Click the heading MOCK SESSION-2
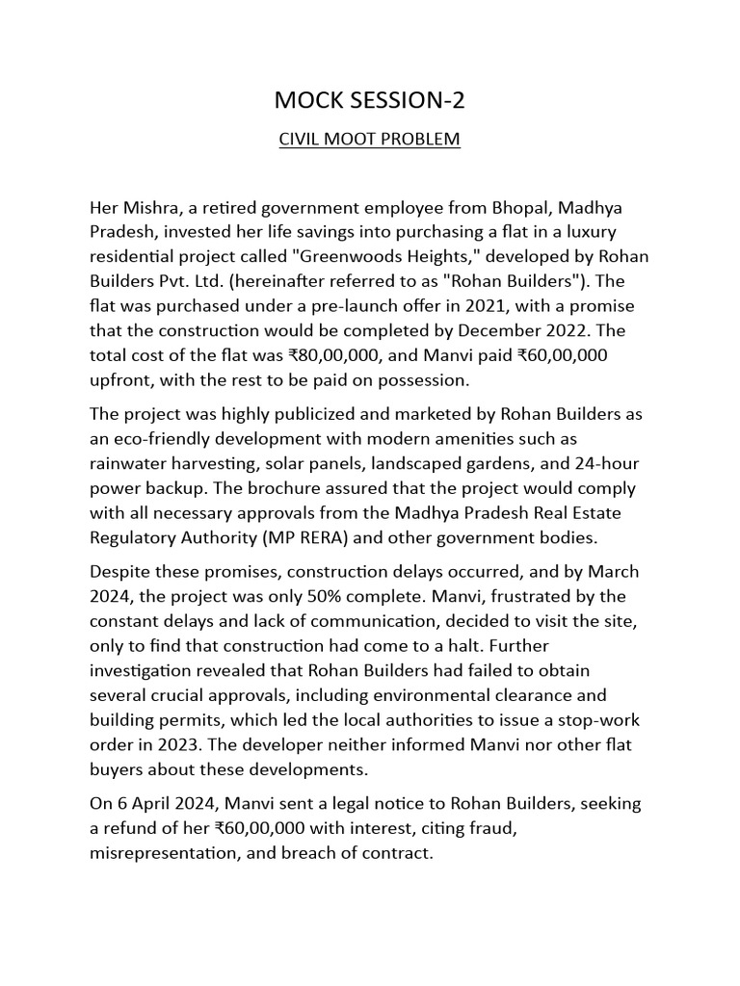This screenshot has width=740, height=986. (x=369, y=101)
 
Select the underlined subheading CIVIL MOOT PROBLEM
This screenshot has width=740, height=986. (x=369, y=140)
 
